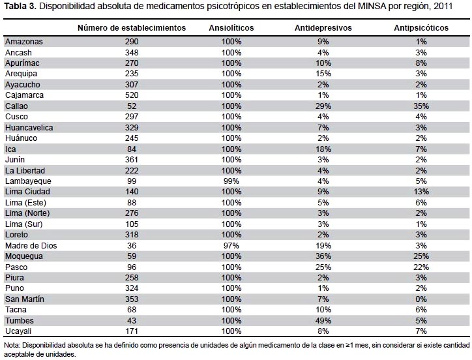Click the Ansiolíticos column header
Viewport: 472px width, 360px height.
(231, 28)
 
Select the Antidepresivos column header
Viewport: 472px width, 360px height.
(323, 28)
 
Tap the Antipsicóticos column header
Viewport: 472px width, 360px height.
(421, 28)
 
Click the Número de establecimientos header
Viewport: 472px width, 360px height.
(132, 28)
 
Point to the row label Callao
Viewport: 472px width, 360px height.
(16, 106)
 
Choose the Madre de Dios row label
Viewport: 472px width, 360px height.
(31, 245)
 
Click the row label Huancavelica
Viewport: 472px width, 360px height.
(29, 127)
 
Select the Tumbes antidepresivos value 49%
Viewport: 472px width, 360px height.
(323, 320)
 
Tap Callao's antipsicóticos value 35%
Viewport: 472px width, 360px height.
(421, 106)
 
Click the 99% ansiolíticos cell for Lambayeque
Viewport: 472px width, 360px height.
(231, 181)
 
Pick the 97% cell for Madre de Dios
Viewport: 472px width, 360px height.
(231, 245)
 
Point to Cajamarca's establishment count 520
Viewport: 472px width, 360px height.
(132, 95)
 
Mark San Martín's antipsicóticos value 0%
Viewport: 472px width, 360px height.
(421, 299)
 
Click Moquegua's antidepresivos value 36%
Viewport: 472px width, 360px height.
(323, 256)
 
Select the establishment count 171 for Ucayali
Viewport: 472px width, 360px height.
(132, 331)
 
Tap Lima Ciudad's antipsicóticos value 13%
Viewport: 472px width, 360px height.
(421, 192)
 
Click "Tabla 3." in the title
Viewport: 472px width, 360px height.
(20, 7)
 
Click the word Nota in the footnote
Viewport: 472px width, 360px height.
(12, 345)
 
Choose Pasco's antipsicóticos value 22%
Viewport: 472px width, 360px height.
(421, 267)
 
